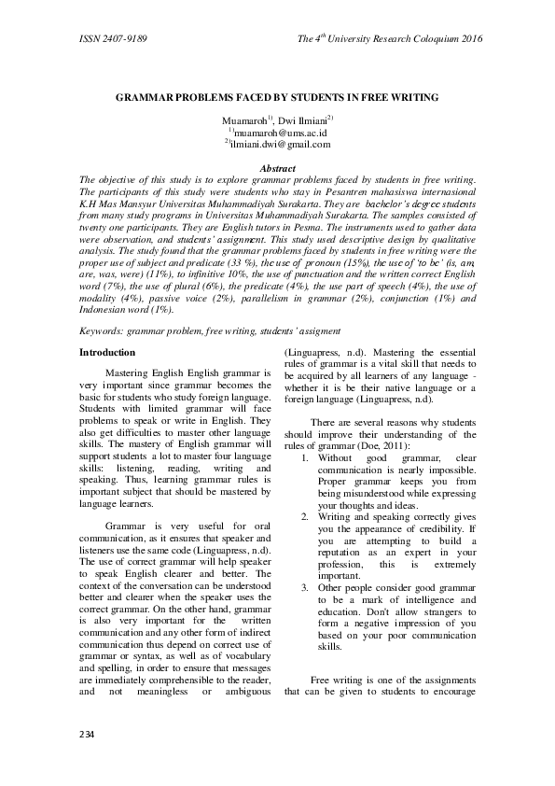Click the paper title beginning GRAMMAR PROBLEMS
pyautogui.click(x=277, y=96)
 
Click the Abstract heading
pyautogui.click(x=277, y=168)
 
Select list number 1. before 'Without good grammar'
pyautogui.click(x=307, y=458)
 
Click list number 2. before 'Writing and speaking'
pyautogui.click(x=307, y=516)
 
